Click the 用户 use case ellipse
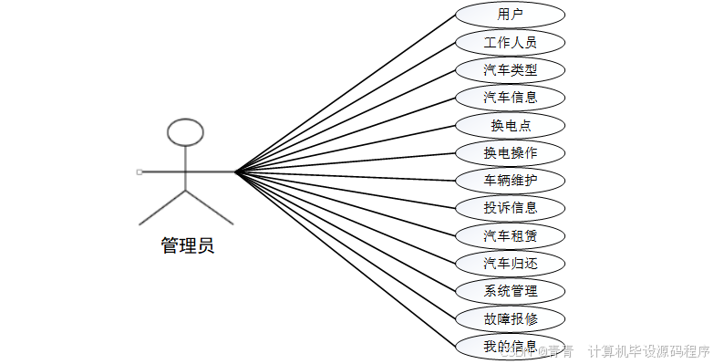coord(510,15)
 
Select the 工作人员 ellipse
coord(510,42)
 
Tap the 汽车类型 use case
coord(510,70)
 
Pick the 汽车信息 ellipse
coord(510,98)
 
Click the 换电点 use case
coord(510,125)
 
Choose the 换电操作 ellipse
coord(510,152)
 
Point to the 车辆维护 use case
coord(510,180)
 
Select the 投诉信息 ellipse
coord(510,207)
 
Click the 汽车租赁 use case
coord(510,235)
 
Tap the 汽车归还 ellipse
coord(510,264)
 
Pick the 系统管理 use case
coord(510,291)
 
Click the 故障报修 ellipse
coord(510,318)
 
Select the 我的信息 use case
coord(510,346)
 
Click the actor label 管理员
coord(187,245)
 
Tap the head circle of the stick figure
coord(186,132)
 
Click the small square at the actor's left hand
coord(139,172)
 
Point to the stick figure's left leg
coord(162,207)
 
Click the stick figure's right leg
coord(210,207)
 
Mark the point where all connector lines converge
coord(235,172)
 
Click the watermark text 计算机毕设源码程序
coord(648,351)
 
